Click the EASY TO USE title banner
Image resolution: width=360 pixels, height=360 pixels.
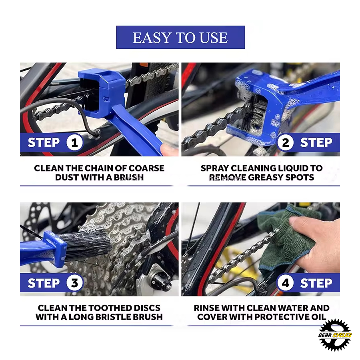[x=180, y=37]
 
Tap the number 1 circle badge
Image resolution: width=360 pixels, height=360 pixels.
[x=74, y=142]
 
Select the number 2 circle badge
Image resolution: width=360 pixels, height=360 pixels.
[x=285, y=142]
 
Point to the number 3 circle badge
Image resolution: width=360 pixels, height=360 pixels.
[x=74, y=283]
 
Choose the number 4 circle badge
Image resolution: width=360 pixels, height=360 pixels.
[x=285, y=283]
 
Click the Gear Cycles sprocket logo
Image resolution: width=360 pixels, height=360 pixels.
[x=335, y=335]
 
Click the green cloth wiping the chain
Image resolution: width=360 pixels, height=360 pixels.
[x=287, y=239]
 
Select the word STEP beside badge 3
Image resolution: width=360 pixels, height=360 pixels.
[x=44, y=283]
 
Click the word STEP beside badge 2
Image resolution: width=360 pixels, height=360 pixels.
[x=316, y=142]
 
